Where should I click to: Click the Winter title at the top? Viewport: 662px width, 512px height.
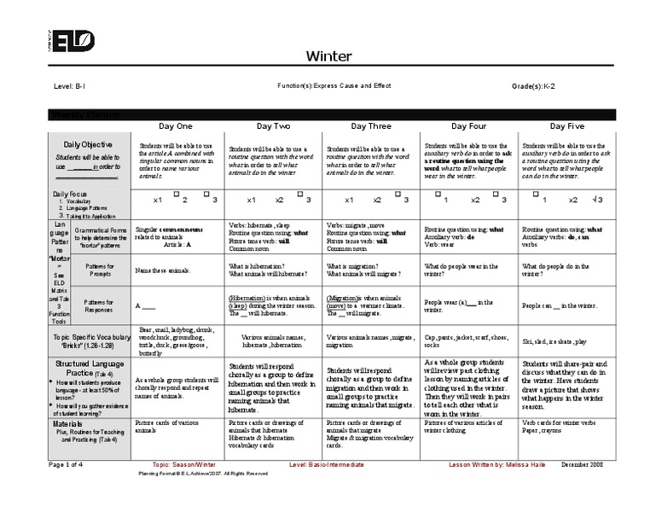coord(328,56)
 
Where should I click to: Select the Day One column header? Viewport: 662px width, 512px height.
coord(176,126)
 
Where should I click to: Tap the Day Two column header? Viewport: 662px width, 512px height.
coord(273,126)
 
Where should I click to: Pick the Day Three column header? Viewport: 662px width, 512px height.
coord(371,126)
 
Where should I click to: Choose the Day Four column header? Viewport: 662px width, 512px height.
coord(469,126)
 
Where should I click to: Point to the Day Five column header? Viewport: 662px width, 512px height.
coord(567,126)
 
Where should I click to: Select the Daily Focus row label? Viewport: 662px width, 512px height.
coord(73,195)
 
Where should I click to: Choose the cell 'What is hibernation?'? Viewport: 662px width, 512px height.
coord(256,266)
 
